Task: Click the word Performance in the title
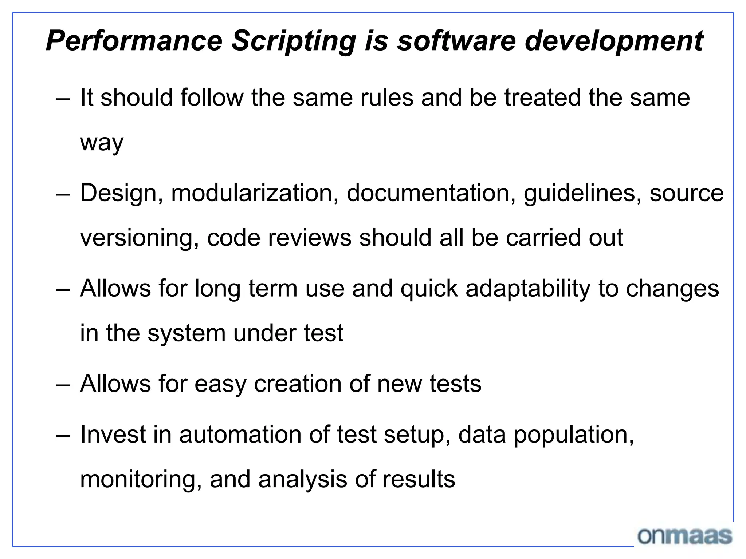(x=134, y=41)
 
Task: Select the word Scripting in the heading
(x=294, y=41)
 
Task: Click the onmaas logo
(x=685, y=536)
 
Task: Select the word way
(x=102, y=143)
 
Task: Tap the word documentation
(x=431, y=193)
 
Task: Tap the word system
(x=186, y=333)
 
